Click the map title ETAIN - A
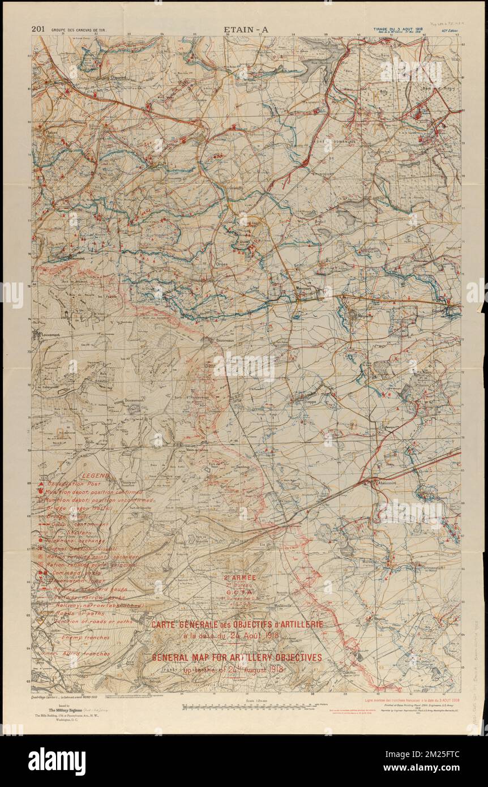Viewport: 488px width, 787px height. point(246,29)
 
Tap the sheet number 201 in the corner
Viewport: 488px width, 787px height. point(38,29)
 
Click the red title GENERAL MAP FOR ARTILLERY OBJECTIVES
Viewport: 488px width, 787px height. point(237,657)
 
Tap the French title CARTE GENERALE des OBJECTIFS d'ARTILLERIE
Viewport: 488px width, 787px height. point(237,625)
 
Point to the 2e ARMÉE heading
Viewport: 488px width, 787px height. point(240,578)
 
